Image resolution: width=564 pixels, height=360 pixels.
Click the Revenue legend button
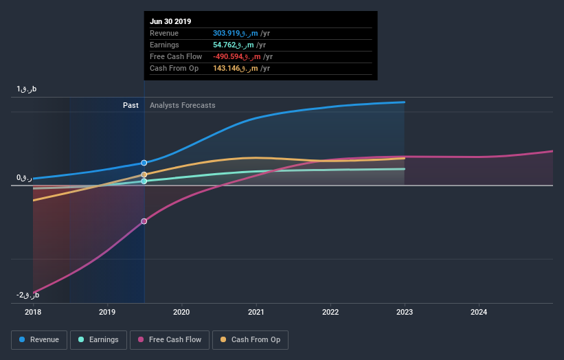[40, 339]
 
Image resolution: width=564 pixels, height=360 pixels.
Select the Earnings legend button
[98, 339]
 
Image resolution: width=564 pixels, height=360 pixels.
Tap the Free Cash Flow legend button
[170, 339]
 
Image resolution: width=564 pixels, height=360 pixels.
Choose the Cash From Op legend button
[250, 339]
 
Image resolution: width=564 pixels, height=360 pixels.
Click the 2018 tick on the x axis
[33, 312]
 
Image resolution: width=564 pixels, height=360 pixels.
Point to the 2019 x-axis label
[107, 312]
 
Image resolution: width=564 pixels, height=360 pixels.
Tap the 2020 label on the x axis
[182, 312]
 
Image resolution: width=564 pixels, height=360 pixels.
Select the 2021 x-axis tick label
[256, 312]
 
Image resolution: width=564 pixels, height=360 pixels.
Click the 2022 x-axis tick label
[330, 312]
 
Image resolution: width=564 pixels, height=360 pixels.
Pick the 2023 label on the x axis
[405, 312]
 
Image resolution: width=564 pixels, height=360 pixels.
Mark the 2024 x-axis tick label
[479, 312]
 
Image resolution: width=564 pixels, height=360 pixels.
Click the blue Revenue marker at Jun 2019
[144, 163]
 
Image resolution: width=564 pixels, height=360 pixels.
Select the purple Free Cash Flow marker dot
[144, 221]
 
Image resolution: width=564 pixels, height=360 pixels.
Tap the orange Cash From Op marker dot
[144, 175]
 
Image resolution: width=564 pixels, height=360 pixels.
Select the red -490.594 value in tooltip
[231, 56]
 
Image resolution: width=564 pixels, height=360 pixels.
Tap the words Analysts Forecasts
[182, 105]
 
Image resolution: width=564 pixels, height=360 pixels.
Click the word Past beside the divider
[131, 105]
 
